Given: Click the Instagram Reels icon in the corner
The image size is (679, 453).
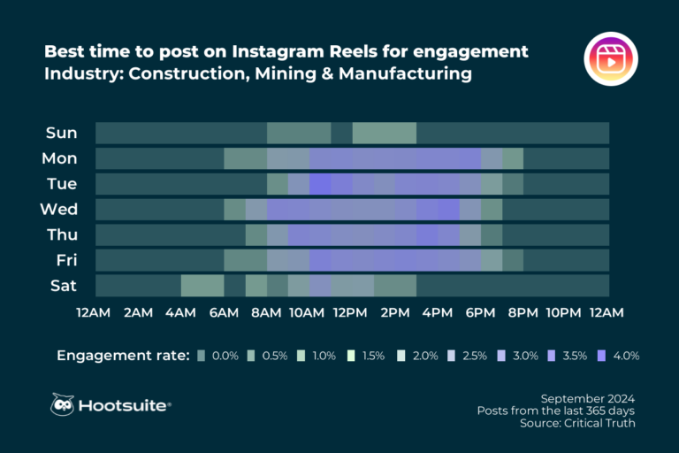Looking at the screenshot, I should pos(611,61).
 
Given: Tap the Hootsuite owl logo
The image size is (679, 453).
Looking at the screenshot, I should pos(63,404).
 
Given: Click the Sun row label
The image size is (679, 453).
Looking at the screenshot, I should pos(62,133).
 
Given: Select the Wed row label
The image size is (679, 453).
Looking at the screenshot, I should pos(59,210).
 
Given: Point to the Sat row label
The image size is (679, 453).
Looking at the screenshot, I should pos(63,286).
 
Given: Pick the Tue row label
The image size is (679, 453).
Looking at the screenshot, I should pos(61,184).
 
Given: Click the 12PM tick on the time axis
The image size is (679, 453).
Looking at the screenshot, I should pos(350,312).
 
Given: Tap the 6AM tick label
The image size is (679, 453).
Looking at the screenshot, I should pos(223,312).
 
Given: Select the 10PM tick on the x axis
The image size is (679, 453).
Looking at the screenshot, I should pos(563,312).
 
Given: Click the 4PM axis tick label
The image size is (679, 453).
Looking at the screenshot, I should pos(437,312).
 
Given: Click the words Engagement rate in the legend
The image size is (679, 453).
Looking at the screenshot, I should pos(123,356).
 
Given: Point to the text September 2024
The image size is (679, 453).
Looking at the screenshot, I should pos(587,397).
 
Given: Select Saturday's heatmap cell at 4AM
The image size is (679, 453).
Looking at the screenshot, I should pos(202,286).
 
